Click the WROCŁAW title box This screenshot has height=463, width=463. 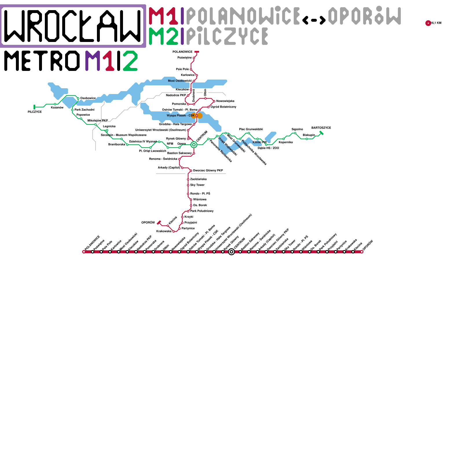coord(73,26)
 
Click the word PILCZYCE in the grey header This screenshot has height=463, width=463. coord(227,36)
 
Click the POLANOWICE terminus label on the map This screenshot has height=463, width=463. coord(182,52)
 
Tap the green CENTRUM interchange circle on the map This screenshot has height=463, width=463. coord(194,145)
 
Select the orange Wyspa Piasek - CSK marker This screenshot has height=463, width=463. coord(197,116)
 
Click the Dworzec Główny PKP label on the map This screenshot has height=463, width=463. coord(208,171)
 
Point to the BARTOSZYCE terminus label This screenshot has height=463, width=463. coord(321,128)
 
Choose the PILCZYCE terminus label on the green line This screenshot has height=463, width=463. coord(35,112)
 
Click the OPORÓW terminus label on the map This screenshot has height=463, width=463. coord(148,223)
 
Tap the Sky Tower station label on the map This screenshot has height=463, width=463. coord(197,185)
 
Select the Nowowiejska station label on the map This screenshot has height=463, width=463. coord(225,101)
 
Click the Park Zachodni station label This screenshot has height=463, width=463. coord(84,110)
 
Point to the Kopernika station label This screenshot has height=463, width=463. coord(286,142)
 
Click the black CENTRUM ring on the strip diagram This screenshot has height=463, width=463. coord(231,252)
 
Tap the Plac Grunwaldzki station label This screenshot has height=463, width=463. coord(251,129)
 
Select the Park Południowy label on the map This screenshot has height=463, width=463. coord(202,211)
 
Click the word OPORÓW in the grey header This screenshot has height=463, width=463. coord(364,16)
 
